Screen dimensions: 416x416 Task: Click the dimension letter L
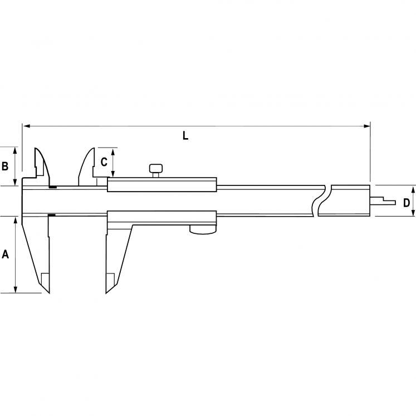tap(185, 135)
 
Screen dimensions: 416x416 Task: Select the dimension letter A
tap(6, 255)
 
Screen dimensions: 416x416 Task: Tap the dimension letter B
tap(5, 166)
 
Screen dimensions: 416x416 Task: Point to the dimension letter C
tap(104, 162)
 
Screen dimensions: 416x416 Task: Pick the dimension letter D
tap(407, 202)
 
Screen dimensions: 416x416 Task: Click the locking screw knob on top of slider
tap(156, 168)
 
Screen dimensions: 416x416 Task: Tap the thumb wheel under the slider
tap(203, 229)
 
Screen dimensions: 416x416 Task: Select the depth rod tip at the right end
tap(391, 202)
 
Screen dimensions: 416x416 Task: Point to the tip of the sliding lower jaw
tap(107, 291)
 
